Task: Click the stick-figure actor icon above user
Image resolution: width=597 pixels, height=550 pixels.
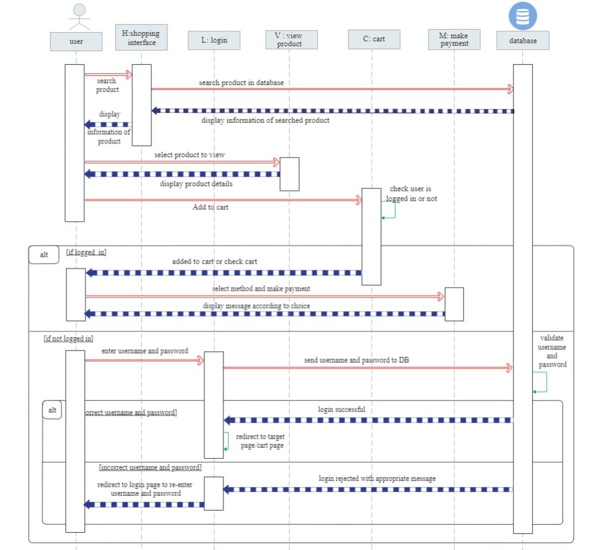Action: [x=79, y=17]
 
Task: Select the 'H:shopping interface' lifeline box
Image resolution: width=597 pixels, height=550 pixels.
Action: [x=142, y=38]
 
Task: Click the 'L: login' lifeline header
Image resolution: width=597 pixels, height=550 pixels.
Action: [x=214, y=41]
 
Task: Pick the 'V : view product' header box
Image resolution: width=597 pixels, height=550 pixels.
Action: [x=293, y=39]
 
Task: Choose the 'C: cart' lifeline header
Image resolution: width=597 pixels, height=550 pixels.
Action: [x=374, y=39]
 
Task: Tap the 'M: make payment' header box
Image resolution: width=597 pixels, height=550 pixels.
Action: [x=454, y=39]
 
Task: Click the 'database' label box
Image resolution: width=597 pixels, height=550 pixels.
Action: [x=523, y=41]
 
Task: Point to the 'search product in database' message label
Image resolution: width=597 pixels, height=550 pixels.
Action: [x=241, y=83]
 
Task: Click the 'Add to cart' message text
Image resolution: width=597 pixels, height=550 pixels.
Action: [x=210, y=208]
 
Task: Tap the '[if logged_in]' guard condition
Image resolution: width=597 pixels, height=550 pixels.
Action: [x=86, y=253]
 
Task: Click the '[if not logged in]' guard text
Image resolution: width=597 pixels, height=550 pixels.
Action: [x=68, y=339]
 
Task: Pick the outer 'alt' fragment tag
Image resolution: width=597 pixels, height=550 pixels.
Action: [x=44, y=255]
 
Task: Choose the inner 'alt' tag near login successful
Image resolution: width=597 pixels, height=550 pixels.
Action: [x=52, y=410]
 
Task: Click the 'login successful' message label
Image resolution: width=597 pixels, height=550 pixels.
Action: [x=342, y=410]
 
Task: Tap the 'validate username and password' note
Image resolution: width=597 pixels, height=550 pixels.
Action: [x=552, y=351]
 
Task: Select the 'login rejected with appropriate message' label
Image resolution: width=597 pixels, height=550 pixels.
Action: [x=377, y=479]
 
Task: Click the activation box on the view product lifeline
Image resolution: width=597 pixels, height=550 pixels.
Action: [x=289, y=174]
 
